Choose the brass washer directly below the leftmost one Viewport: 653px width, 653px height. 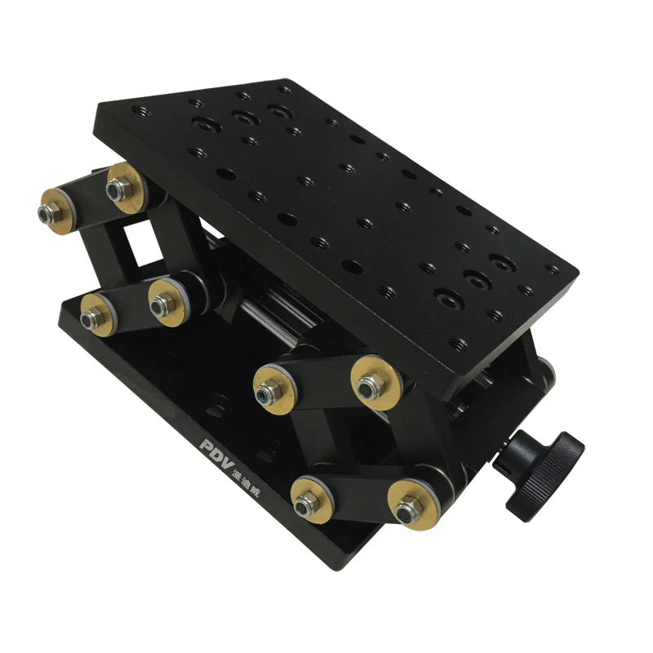(x=95, y=312)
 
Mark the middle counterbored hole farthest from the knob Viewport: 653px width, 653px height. (x=242, y=118)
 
